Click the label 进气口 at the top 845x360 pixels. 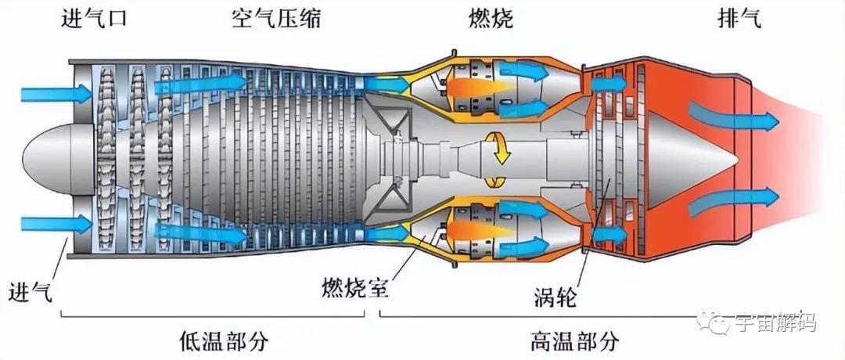coord(95,19)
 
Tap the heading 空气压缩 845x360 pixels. coord(276,19)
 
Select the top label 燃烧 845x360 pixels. coord(490,19)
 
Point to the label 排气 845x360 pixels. coord(739,19)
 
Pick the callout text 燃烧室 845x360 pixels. coord(355,286)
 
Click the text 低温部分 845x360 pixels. coord(224,340)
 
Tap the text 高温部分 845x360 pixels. coord(575,340)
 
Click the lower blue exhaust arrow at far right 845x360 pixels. coord(733,202)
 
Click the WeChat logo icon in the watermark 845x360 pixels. coord(711,322)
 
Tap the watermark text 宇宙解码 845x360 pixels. coord(775,322)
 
